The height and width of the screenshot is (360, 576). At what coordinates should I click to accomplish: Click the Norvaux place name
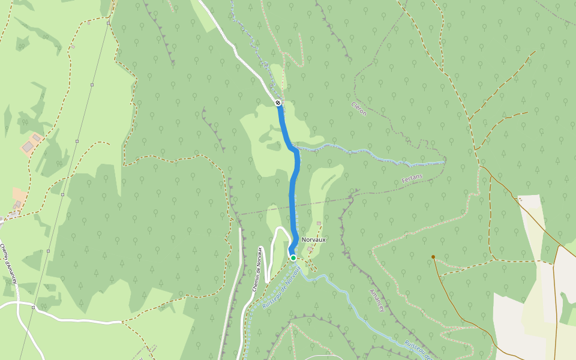[x=314, y=239]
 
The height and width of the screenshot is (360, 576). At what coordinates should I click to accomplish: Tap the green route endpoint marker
[x=293, y=258]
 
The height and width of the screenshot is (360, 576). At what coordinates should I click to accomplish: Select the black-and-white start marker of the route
[x=278, y=103]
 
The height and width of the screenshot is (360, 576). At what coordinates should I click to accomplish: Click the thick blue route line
[x=293, y=192]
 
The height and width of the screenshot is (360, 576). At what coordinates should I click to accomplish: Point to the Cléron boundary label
[x=358, y=108]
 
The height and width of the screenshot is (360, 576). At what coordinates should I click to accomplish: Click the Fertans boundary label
[x=413, y=178]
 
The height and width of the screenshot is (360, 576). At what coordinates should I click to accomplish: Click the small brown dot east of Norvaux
[x=433, y=257]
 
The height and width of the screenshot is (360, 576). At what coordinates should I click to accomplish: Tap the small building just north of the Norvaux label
[x=319, y=224]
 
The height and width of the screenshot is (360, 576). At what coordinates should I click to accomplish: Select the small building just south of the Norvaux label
[x=310, y=249]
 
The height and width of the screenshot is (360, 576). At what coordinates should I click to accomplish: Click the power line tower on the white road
[x=34, y=307]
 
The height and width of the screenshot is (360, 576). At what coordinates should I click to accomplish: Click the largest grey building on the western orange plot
[x=28, y=147]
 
